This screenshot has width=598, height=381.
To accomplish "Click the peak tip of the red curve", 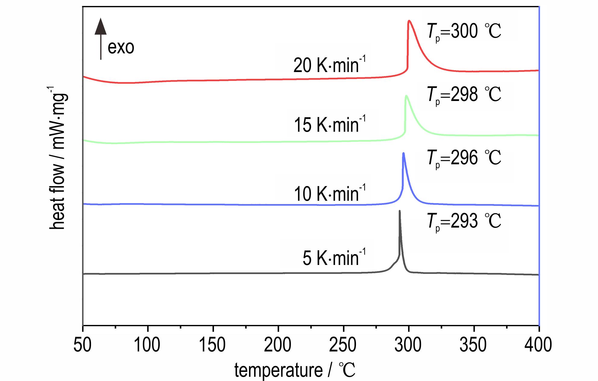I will point(409,21).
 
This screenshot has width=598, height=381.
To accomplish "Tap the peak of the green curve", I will point(406,96).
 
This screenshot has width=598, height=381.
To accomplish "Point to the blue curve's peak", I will point(403,153).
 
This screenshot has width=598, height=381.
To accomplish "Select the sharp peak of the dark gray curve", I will point(400,211).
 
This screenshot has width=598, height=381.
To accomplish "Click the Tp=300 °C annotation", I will point(464,32).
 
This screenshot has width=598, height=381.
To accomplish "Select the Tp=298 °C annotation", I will point(464,95).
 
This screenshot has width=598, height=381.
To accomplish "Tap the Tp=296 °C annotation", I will point(464,158).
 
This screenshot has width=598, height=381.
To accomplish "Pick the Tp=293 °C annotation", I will point(464,222).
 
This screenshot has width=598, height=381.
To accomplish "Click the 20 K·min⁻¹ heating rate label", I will point(329,65).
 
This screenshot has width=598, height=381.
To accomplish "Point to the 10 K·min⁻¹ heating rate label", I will point(329,193).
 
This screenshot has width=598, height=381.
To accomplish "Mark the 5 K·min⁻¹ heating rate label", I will point(334,258).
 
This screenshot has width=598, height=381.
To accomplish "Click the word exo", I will point(121,48).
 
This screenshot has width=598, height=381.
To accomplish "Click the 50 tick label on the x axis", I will point(83,345).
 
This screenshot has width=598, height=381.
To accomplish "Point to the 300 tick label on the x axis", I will point(409,345).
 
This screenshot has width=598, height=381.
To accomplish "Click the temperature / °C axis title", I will point(295,370).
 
